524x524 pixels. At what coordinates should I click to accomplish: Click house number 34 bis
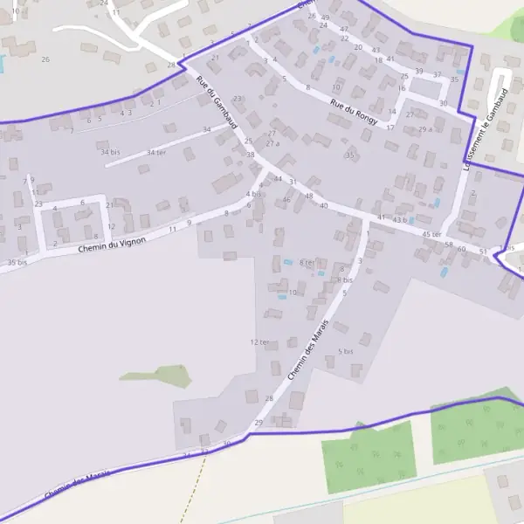tap(110, 152)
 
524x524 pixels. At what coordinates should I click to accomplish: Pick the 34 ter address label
tap(156, 153)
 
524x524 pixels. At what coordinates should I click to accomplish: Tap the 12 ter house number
tap(259, 342)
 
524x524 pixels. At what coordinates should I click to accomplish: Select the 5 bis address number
tap(345, 352)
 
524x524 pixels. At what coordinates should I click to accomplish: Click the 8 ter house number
tap(307, 262)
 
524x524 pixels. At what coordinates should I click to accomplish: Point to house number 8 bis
tap(345, 280)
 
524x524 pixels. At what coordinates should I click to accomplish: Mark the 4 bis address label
tap(253, 194)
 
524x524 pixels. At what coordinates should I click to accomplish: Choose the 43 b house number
tap(402, 220)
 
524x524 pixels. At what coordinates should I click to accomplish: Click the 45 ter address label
tap(431, 235)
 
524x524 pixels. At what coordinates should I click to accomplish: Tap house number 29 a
tap(425, 129)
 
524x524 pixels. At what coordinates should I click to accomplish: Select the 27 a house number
tap(272, 143)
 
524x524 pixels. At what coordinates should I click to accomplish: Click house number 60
tap(462, 249)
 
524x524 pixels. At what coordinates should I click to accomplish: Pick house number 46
tap(286, 200)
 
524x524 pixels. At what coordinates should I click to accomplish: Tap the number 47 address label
tap(343, 29)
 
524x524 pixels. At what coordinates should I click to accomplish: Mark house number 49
tap(325, 17)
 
